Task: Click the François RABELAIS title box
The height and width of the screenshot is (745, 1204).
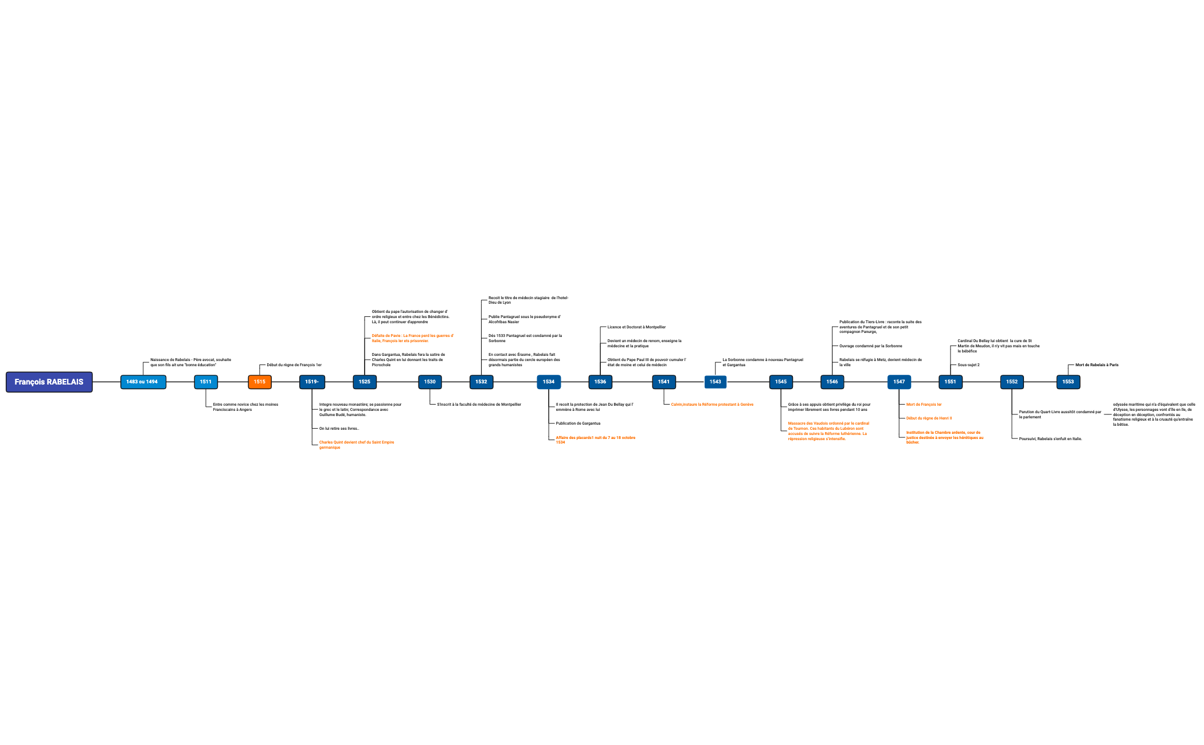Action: (x=49, y=382)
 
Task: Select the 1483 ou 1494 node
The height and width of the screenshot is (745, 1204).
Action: (x=143, y=382)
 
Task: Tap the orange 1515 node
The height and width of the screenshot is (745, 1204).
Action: (x=260, y=382)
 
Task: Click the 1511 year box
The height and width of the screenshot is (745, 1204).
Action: (x=206, y=382)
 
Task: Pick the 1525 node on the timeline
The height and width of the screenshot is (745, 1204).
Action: (x=365, y=382)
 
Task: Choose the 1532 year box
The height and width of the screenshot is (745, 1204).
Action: (x=481, y=382)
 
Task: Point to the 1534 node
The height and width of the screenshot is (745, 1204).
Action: (x=549, y=382)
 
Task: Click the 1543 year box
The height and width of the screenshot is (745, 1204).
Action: (x=715, y=382)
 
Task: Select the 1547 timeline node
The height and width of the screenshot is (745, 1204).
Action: (x=899, y=382)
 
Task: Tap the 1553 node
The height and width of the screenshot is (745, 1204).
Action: (x=1068, y=382)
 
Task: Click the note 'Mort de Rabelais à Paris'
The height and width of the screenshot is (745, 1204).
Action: (x=1097, y=365)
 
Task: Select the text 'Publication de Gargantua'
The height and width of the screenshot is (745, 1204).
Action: (x=578, y=424)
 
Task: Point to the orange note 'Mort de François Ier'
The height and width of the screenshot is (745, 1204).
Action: (x=924, y=405)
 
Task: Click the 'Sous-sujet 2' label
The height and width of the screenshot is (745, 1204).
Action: (x=968, y=365)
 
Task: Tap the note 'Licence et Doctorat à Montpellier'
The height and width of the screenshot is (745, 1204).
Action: (x=636, y=327)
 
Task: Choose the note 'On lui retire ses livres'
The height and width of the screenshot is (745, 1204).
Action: (x=339, y=429)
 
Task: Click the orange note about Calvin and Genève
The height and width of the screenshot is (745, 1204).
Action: (x=712, y=405)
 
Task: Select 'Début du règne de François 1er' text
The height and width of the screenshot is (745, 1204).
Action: (x=294, y=365)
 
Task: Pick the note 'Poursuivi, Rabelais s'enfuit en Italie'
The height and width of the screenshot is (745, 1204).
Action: (x=1050, y=439)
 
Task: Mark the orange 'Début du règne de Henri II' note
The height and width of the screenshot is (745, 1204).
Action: (x=929, y=418)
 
